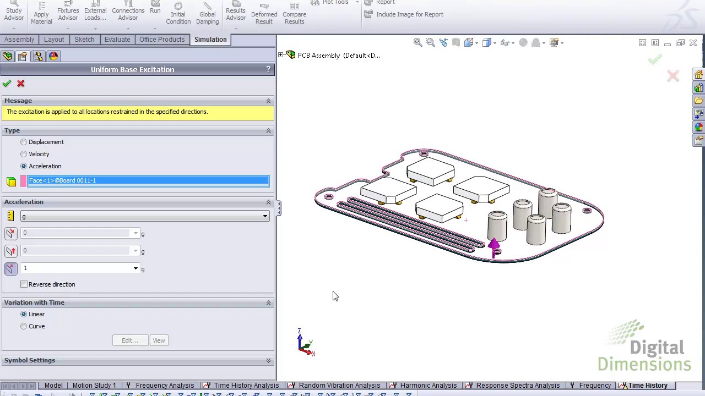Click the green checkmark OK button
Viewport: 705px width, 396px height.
click(x=7, y=84)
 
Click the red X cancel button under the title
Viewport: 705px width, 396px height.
click(x=21, y=84)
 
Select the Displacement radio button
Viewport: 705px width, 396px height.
click(x=24, y=142)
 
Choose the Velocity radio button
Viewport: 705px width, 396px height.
click(x=24, y=154)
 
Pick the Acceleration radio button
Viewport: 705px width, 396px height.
click(x=24, y=166)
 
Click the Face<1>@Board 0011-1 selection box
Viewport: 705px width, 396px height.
click(x=148, y=180)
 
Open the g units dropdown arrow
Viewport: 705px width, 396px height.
click(x=265, y=216)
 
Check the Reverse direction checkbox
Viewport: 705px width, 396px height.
click(x=24, y=284)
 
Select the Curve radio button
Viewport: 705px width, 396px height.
click(x=24, y=326)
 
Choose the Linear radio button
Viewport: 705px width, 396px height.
click(x=24, y=314)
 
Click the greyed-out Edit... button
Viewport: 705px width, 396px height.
click(x=129, y=340)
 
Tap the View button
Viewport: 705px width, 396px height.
click(x=159, y=340)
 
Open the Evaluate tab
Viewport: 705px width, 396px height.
click(x=117, y=40)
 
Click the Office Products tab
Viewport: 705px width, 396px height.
click(x=162, y=40)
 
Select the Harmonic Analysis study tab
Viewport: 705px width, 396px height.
click(x=428, y=386)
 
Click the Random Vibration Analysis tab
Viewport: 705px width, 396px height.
click(x=339, y=386)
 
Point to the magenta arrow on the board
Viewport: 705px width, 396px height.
click(x=493, y=246)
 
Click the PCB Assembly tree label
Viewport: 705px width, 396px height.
click(x=338, y=56)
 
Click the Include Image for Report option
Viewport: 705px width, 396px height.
click(x=409, y=14)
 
